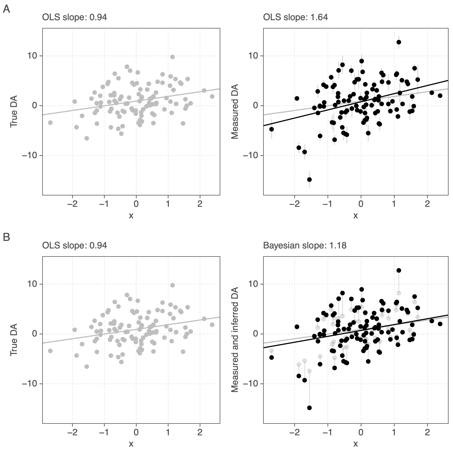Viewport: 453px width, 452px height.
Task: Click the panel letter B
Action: coord(6,237)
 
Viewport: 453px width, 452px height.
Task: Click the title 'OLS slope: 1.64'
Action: coord(295,17)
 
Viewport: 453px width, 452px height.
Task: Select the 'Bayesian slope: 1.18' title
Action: coord(305,245)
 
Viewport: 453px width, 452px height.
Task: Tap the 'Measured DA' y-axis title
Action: coord(235,111)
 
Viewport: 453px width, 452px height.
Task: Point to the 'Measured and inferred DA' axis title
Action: coord(235,340)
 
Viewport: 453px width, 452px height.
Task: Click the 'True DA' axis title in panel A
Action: coord(14,111)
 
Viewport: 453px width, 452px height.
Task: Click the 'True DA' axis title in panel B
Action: coord(14,340)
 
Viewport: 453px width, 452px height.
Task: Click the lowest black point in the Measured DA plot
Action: coord(309,179)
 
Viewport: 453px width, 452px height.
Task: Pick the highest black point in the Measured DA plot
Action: coord(399,42)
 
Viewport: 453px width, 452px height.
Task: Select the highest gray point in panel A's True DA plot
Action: coord(172,57)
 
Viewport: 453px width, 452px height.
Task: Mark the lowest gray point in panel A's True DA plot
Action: coord(87,138)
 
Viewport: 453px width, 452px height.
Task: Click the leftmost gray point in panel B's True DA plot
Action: coord(50,351)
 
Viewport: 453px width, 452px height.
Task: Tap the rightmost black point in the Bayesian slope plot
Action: coord(440,324)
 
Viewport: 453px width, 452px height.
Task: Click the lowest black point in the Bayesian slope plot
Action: coord(309,408)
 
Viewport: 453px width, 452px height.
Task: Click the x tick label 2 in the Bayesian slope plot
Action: coord(427,432)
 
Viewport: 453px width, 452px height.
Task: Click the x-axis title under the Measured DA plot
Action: coord(355,215)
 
